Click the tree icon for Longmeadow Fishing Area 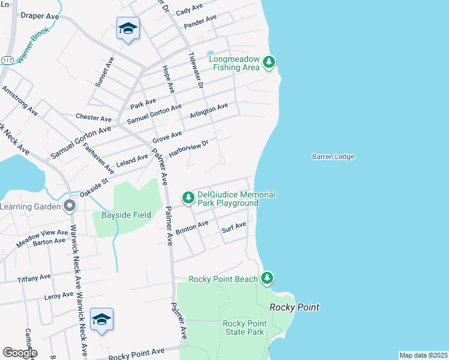(x=269, y=61)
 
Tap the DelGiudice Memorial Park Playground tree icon (x=188, y=197)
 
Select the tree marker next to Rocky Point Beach (x=267, y=278)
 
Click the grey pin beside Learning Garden (x=70, y=206)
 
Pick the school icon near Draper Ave (x=128, y=28)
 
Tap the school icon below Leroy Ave (x=101, y=319)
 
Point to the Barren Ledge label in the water (x=333, y=157)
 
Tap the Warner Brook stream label (x=32, y=46)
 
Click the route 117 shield (x=7, y=61)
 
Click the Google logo (x=20, y=352)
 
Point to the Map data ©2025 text (x=423, y=355)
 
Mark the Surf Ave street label (x=234, y=227)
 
